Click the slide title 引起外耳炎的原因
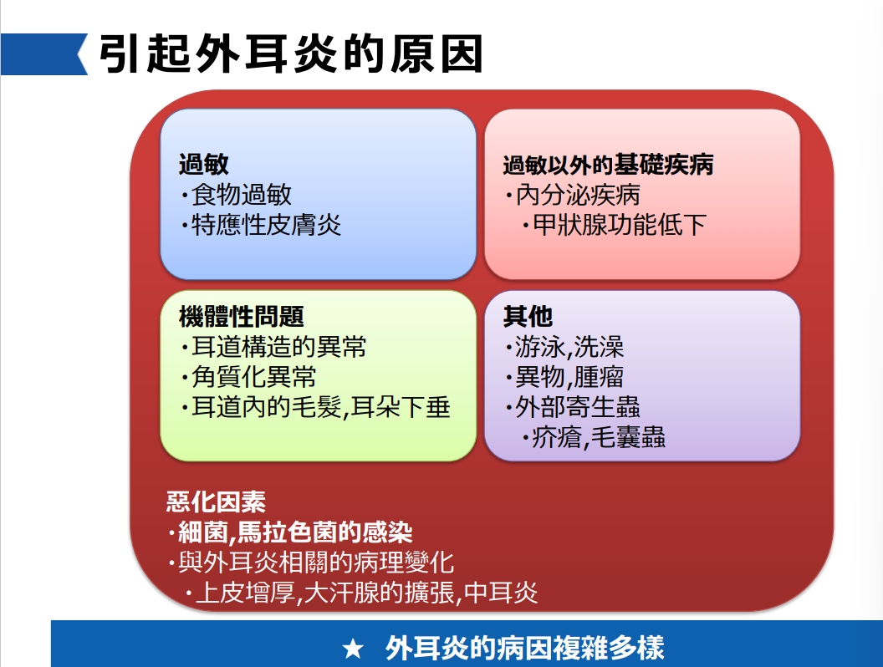(291, 54)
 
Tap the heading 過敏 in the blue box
(204, 165)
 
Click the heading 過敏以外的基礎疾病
(608, 165)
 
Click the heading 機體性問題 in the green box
(242, 316)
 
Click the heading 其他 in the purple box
(528, 316)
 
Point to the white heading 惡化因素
(216, 502)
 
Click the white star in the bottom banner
(353, 649)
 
